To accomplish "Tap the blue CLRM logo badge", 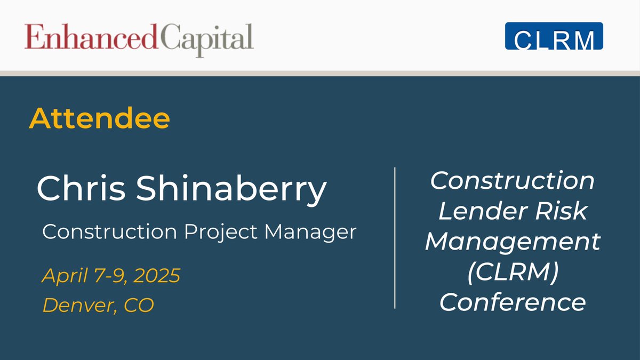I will [554, 36].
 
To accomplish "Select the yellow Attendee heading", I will [99, 119].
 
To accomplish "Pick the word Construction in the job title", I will [109, 232].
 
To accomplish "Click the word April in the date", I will [60, 276].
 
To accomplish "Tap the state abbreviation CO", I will [139, 305].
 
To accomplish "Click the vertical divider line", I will [395, 237].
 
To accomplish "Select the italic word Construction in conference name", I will [513, 181].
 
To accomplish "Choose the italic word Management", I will [513, 242].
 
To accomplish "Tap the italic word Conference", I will [513, 303].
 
